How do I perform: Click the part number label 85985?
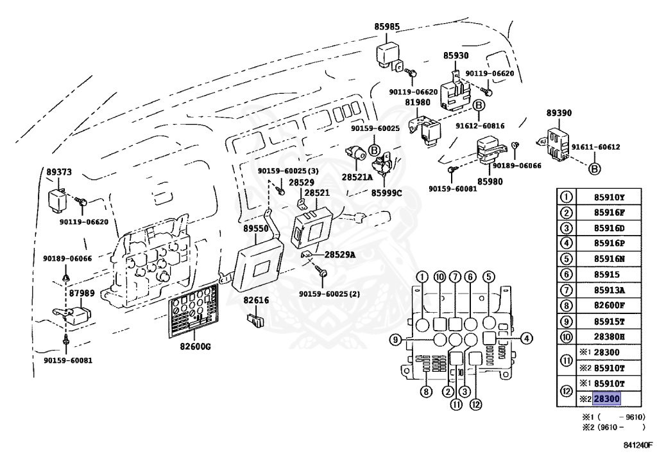(387, 27)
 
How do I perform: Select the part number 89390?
(559, 113)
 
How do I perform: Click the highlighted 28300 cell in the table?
(607, 399)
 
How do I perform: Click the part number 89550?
(256, 228)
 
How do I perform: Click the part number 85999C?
(387, 192)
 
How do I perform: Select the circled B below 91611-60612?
(594, 169)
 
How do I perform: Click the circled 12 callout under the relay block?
(475, 405)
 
